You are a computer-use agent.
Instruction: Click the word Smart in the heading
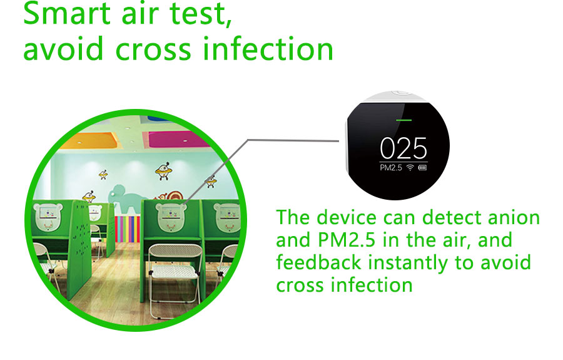pos(67,13)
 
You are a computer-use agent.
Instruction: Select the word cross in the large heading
pos(153,49)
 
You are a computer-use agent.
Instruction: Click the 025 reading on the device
pos(403,148)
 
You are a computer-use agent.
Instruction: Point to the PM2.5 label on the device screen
pos(390,167)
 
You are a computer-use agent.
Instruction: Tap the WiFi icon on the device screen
pos(410,167)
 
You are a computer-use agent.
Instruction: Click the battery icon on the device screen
pos(422,168)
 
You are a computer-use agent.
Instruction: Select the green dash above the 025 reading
pos(403,120)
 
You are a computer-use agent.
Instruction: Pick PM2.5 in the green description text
pos(347,240)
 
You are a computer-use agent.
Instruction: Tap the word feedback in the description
pos(318,262)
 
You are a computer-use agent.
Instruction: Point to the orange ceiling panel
pos(89,140)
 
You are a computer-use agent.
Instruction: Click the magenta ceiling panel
pos(176,140)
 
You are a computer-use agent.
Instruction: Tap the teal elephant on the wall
pos(127,198)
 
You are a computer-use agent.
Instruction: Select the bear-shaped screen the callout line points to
pos(171,216)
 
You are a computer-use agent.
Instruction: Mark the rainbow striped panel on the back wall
pos(128,229)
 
